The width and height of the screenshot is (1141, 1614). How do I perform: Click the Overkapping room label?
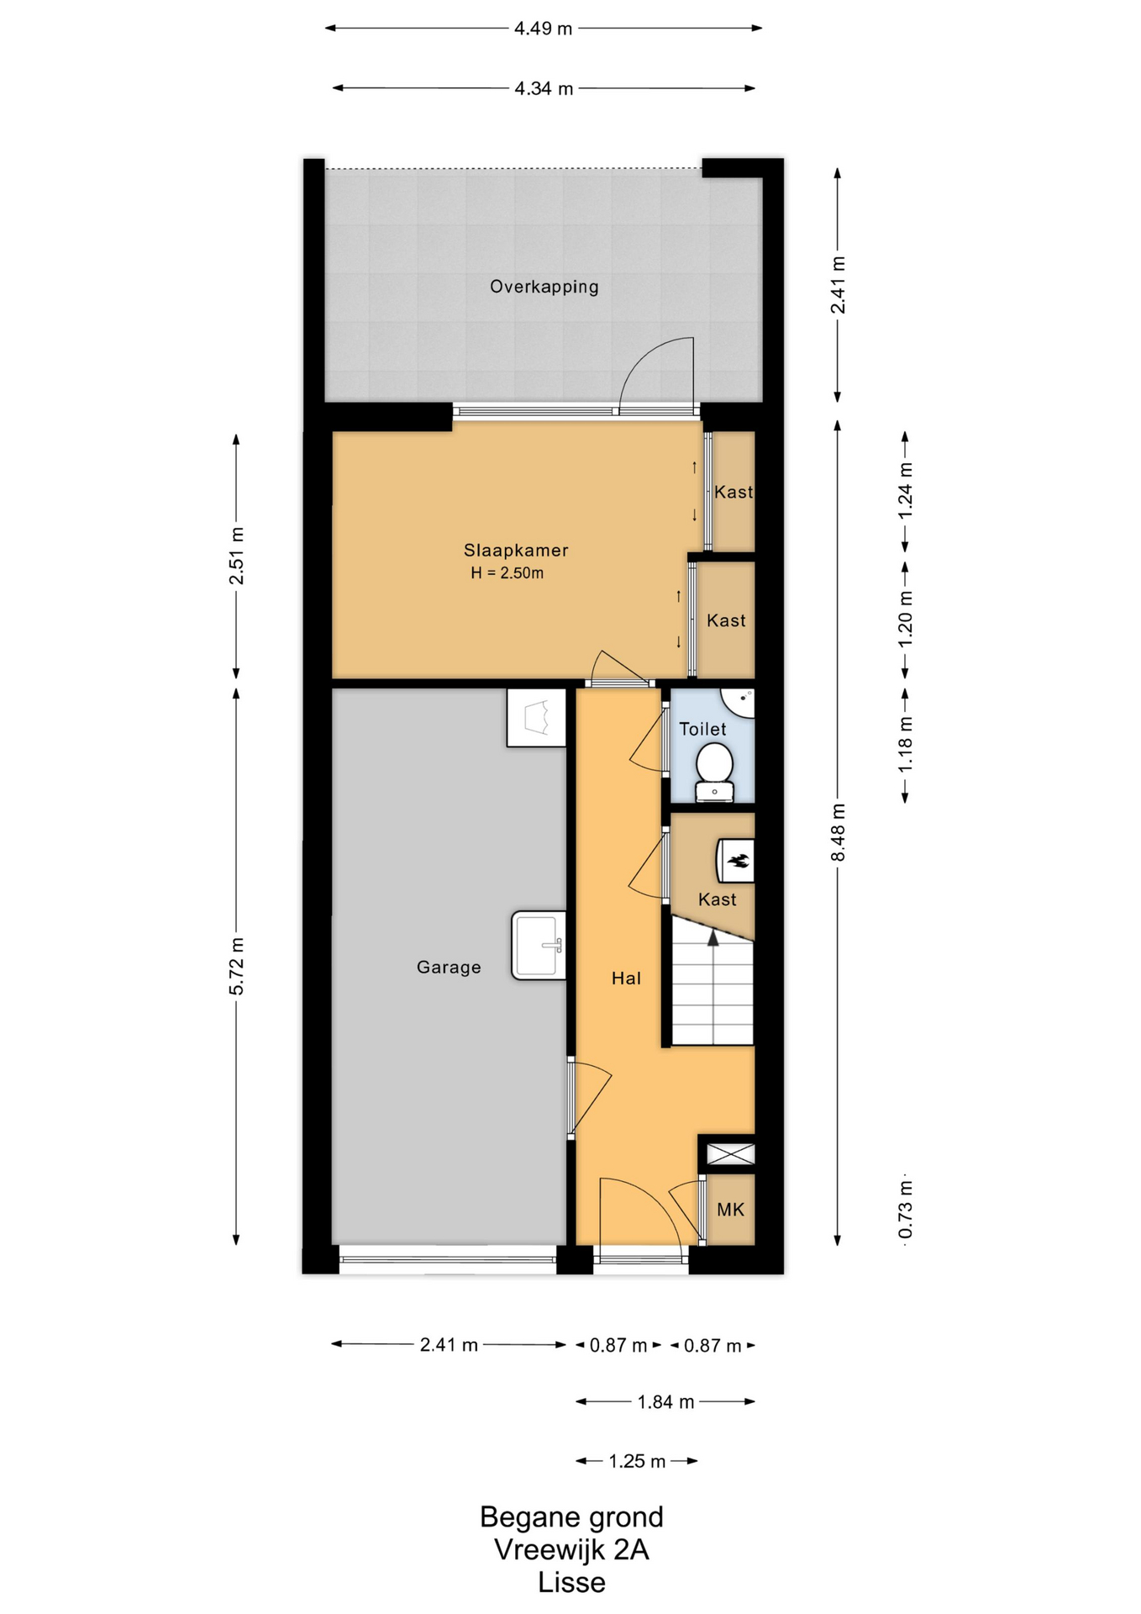click(x=544, y=287)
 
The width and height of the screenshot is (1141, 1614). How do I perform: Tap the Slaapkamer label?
click(x=516, y=551)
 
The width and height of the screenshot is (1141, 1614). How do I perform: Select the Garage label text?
click(x=449, y=968)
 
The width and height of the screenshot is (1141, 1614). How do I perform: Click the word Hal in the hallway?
click(x=626, y=978)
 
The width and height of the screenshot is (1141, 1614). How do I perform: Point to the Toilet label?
click(x=702, y=729)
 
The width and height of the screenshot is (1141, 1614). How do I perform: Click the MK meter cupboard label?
click(x=730, y=1210)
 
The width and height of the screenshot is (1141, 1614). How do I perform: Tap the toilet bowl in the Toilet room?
click(x=714, y=772)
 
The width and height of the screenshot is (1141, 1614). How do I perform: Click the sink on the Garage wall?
click(x=539, y=946)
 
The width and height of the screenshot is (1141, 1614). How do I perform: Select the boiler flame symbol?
click(x=739, y=861)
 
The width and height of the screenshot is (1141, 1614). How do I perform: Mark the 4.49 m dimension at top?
click(x=544, y=29)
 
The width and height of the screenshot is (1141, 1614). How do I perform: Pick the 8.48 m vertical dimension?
click(x=838, y=831)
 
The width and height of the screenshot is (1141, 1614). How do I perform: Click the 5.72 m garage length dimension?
click(x=237, y=966)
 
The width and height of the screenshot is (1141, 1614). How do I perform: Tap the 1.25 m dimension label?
click(x=637, y=1462)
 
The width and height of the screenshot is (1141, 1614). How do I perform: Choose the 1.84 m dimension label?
click(x=665, y=1402)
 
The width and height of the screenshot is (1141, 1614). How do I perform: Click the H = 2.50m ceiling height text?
click(x=507, y=573)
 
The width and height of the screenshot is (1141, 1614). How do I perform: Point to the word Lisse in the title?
click(x=571, y=1583)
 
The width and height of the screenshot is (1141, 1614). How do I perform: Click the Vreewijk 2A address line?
click(x=571, y=1549)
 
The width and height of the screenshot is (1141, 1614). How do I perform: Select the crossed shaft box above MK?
click(x=730, y=1153)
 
